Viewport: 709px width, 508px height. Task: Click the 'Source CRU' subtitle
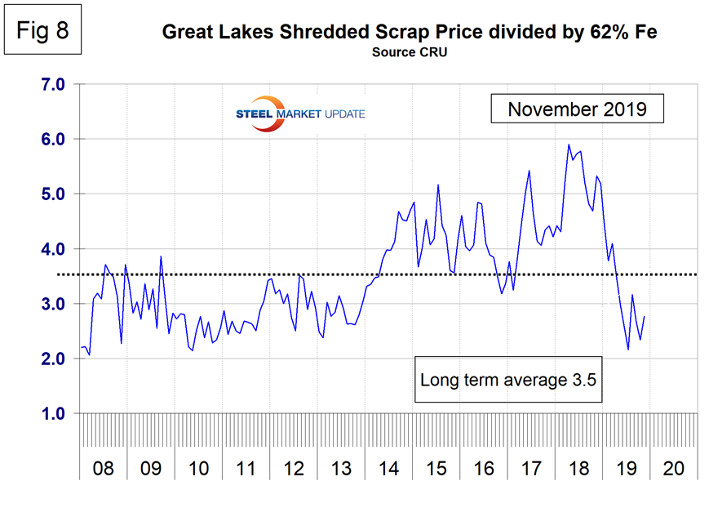[410, 52]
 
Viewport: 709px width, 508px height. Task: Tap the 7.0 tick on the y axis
[52, 84]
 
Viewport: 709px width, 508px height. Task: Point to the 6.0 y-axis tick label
[52, 139]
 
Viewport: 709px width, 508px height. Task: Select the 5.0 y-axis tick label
[52, 194]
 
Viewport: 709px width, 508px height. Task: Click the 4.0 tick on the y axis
[52, 249]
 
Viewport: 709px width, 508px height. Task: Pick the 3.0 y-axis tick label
[52, 304]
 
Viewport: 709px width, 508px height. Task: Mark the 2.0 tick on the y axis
[52, 359]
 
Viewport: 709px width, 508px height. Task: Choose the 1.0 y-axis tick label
[52, 414]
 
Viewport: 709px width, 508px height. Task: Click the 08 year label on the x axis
[104, 470]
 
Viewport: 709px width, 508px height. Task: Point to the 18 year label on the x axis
[578, 470]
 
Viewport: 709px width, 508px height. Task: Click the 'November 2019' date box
[577, 109]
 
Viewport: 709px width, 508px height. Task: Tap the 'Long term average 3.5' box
[510, 380]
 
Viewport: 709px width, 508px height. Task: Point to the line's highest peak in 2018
[569, 145]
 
